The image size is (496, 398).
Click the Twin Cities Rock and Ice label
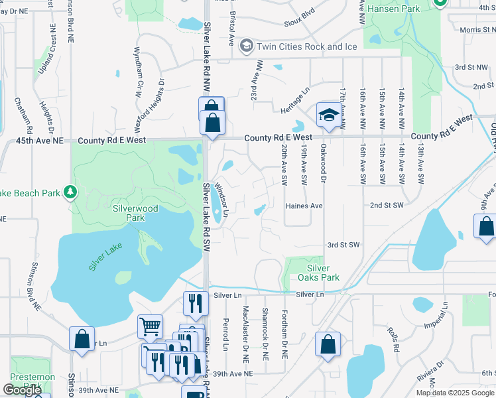click(x=306, y=46)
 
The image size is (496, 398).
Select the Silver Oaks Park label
click(x=309, y=273)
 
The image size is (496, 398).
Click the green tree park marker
click(x=70, y=192)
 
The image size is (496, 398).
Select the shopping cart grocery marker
click(x=150, y=326)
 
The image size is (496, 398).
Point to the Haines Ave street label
click(x=304, y=206)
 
